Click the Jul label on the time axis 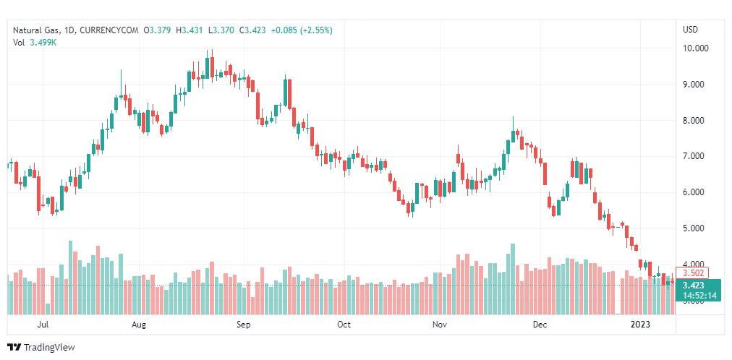(x=43, y=325)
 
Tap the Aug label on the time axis (x=140, y=325)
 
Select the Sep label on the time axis (x=243, y=325)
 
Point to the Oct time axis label (x=344, y=325)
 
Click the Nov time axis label (x=439, y=325)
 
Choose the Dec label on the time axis (x=539, y=325)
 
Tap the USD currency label (x=690, y=30)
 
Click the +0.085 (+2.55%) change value (x=307, y=30)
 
